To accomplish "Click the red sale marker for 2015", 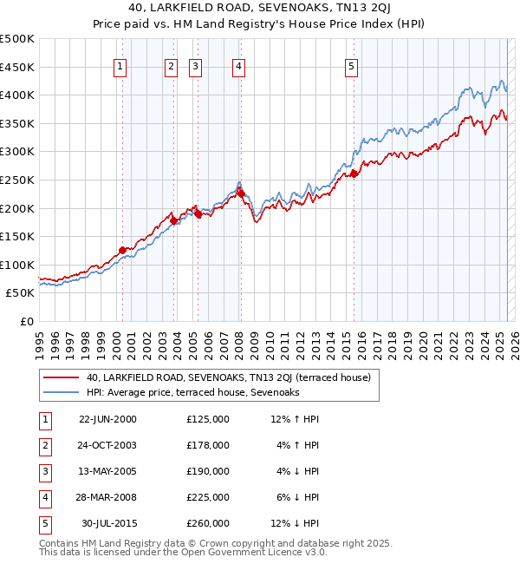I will (x=354, y=174).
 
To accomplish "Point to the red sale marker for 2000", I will (x=122, y=250).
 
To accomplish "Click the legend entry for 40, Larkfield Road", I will (x=228, y=377).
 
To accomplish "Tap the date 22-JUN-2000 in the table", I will (x=107, y=419).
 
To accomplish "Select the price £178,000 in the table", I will (x=207, y=445).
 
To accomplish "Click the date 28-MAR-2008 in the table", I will (x=107, y=497).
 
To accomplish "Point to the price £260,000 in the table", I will (x=207, y=523).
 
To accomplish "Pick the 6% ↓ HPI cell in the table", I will (x=297, y=497).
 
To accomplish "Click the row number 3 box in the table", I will (x=44, y=471).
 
